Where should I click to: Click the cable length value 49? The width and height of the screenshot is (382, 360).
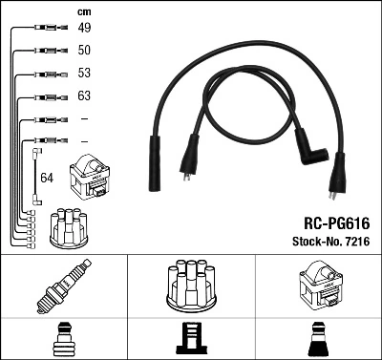(x=84, y=29)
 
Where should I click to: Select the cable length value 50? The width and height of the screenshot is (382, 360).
(x=84, y=51)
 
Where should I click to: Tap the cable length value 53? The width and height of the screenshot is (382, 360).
(x=84, y=74)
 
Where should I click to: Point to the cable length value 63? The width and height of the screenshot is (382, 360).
(x=84, y=96)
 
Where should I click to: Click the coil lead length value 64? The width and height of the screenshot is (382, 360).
(x=47, y=178)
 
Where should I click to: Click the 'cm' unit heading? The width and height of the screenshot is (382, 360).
(x=84, y=11)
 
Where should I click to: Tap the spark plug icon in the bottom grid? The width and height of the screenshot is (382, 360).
(x=63, y=286)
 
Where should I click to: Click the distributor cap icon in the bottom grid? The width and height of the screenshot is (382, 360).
(x=191, y=286)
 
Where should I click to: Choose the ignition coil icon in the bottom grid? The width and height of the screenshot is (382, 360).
(x=319, y=286)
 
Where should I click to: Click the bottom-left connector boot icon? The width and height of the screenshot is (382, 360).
(x=63, y=339)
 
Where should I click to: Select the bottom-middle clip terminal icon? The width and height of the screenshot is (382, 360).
(x=191, y=339)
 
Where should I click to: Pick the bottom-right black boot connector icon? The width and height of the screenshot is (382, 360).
(x=319, y=339)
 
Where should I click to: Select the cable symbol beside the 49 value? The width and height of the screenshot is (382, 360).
(x=48, y=29)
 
